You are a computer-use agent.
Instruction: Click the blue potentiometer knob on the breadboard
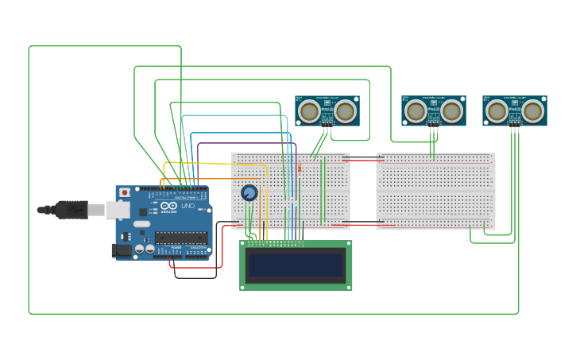point(249,193)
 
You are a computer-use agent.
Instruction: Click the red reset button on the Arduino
point(125,192)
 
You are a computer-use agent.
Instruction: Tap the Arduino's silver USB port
point(117,210)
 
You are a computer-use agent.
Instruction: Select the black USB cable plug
point(72,210)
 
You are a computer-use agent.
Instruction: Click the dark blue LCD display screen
point(296,265)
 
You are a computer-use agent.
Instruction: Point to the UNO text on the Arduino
point(187,207)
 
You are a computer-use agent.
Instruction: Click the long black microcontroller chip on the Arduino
point(181,237)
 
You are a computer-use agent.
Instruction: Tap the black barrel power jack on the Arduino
point(121,250)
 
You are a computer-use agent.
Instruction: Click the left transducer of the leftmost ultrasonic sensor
point(310,110)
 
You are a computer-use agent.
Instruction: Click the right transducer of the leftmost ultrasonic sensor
point(345,110)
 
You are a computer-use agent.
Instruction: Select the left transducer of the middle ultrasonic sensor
point(416,110)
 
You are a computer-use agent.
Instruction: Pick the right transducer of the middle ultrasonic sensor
point(451,110)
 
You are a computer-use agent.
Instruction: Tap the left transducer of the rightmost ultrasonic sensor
point(497,110)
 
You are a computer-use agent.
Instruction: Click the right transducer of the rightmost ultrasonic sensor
point(532,110)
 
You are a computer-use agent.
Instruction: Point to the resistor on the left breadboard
point(300,168)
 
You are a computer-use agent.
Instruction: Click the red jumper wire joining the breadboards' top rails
point(363,161)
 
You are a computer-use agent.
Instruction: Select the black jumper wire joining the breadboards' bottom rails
point(363,223)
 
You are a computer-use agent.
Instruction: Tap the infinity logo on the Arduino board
point(169,207)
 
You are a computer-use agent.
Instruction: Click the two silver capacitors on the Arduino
point(145,249)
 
